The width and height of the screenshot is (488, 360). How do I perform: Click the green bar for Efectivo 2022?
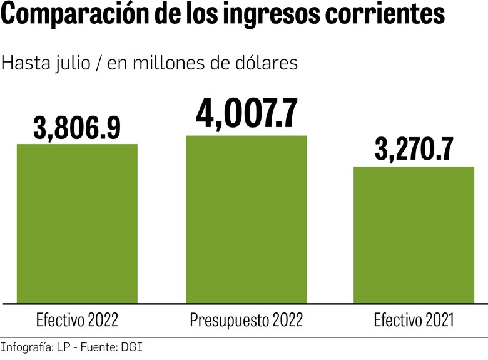[x=77, y=224]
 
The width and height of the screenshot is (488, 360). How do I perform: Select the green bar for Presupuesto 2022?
[x=247, y=219]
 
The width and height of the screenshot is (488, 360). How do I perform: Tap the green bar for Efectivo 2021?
[x=414, y=235]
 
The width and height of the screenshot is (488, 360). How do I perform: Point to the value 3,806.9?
[x=77, y=128]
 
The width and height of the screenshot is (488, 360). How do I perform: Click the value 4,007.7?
[x=247, y=113]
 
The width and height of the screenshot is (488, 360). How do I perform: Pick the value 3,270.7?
[x=414, y=150]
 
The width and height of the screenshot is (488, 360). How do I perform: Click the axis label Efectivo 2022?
[x=77, y=321]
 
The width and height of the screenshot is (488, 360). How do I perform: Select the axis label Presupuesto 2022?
[x=247, y=321]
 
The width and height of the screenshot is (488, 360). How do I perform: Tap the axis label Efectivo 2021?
[x=414, y=321]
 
